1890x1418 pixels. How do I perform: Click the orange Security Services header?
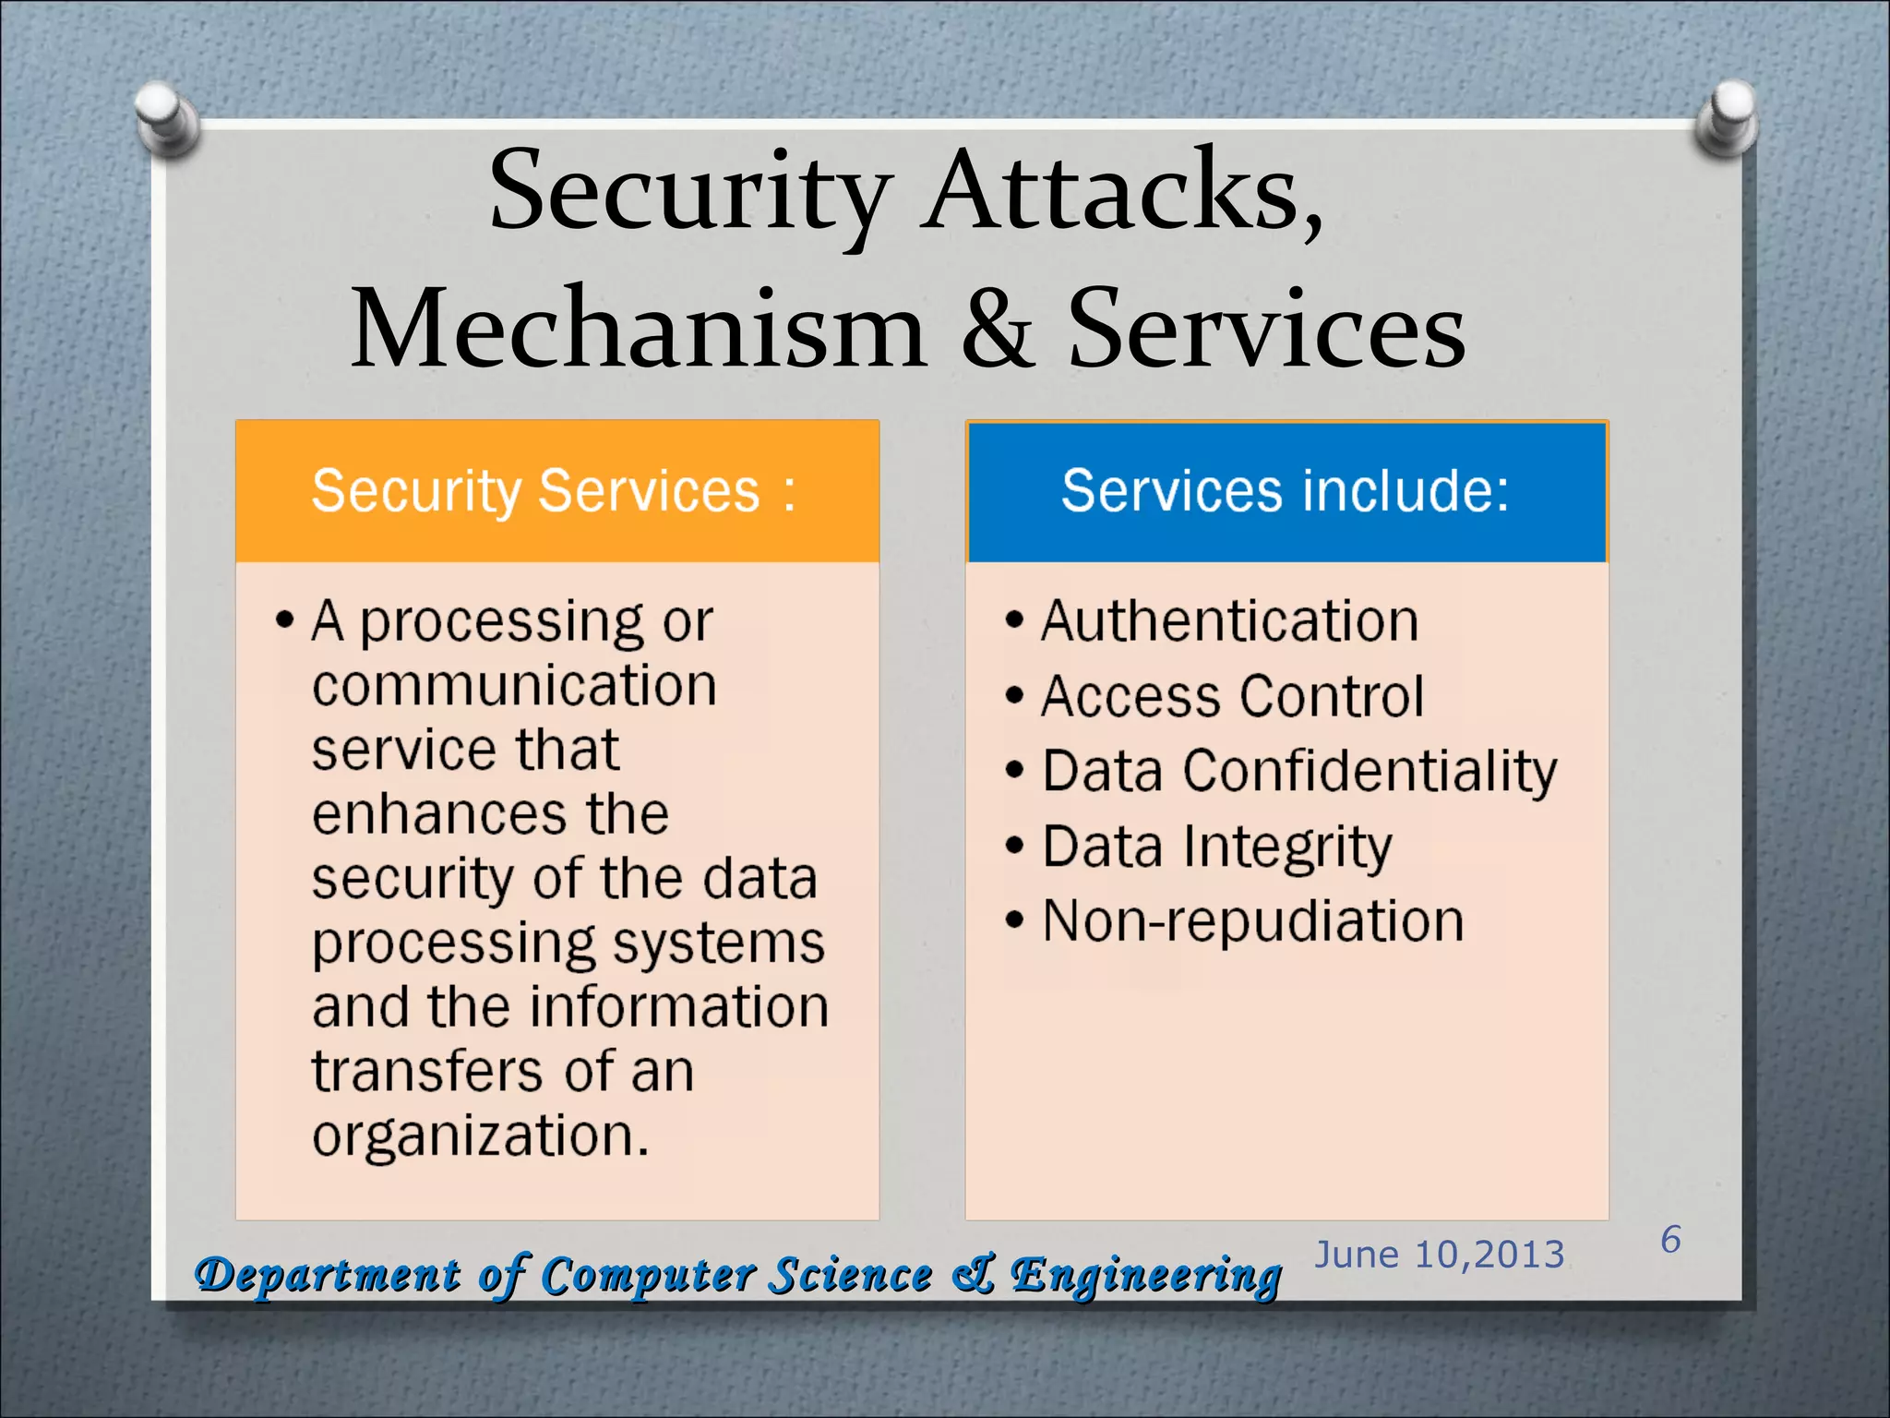[556, 491]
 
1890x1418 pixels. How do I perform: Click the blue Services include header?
[1286, 491]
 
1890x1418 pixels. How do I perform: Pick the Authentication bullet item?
[1229, 620]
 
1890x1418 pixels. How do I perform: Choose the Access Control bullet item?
[1232, 696]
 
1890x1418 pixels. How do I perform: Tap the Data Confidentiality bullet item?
[1298, 771]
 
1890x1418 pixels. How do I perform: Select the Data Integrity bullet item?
[1216, 847]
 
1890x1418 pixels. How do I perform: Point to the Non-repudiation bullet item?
[1252, 921]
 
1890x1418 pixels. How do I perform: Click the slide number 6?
[1670, 1240]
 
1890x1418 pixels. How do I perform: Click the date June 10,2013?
[1439, 1255]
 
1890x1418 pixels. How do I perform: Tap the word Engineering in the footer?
[1145, 1277]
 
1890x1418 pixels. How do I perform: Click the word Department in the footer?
[328, 1277]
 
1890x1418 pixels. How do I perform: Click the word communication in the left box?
[514, 686]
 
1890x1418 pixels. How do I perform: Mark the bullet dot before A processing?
[285, 620]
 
